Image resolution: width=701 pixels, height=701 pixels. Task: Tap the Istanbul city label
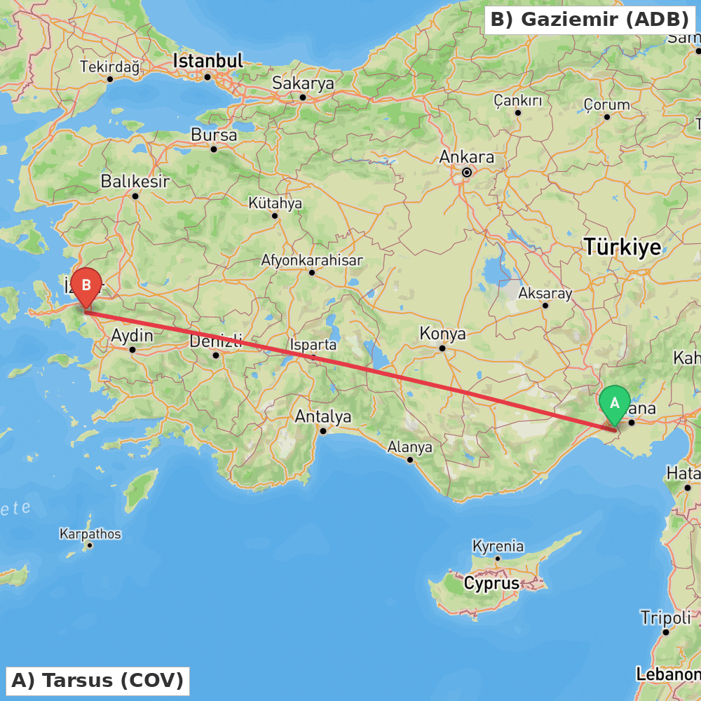click(x=208, y=61)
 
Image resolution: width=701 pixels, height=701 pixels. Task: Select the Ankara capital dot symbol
click(x=467, y=172)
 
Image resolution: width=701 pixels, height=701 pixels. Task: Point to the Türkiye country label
click(x=622, y=247)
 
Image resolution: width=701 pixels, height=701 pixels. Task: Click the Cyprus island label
click(x=491, y=583)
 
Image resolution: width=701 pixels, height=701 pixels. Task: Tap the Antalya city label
click(x=323, y=416)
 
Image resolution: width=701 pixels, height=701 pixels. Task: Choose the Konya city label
click(x=442, y=334)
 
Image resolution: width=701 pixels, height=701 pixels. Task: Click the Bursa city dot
click(x=214, y=149)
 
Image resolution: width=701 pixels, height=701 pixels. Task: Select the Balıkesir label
click(x=135, y=182)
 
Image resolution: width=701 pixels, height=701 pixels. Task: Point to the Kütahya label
click(x=275, y=203)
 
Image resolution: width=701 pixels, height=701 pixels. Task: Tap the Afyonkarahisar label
click(x=312, y=260)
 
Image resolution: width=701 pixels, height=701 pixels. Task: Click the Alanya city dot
click(x=410, y=460)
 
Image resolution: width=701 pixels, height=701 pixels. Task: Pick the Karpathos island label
click(x=90, y=534)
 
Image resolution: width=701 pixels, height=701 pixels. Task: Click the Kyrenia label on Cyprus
click(x=498, y=545)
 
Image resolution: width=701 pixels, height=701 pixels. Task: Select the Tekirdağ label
click(x=110, y=67)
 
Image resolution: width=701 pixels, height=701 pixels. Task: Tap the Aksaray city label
click(x=545, y=293)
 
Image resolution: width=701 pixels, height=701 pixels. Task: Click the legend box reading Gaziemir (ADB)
click(x=590, y=20)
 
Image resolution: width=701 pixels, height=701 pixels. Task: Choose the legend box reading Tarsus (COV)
click(x=97, y=680)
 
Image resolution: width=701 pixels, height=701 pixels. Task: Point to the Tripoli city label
click(x=665, y=618)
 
